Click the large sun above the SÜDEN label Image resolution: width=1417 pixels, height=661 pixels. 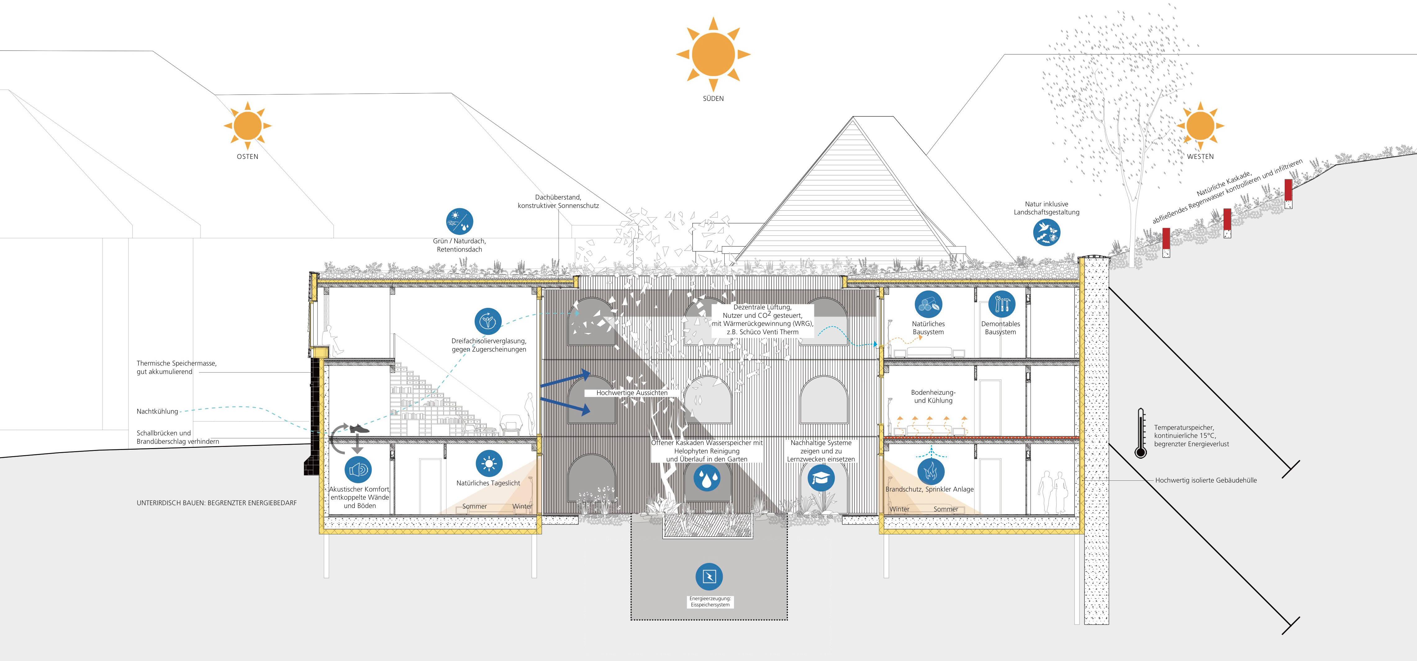point(713,54)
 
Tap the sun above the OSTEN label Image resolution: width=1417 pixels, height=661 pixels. point(247,125)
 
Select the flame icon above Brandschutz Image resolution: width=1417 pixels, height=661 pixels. point(931,471)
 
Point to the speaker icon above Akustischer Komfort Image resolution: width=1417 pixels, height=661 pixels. point(358,470)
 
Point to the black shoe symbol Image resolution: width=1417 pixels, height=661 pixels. point(359,428)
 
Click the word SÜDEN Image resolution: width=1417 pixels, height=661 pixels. point(713,98)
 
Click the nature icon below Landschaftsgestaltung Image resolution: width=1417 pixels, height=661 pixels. point(1046,232)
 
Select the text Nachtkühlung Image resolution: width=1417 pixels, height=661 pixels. point(157,411)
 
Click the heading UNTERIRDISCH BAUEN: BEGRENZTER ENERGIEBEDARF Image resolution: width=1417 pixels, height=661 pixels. point(217,503)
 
